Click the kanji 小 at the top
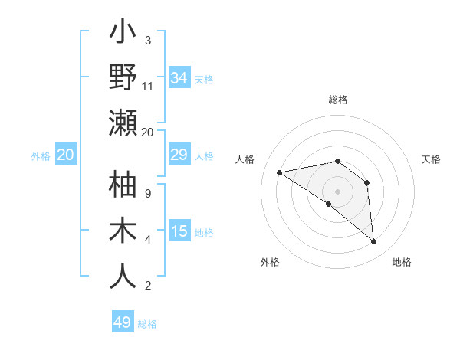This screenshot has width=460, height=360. [x=123, y=34]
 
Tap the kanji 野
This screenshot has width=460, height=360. [x=123, y=77]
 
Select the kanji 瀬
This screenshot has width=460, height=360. [x=123, y=123]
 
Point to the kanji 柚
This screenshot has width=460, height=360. [x=123, y=186]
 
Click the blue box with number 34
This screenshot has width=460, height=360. [x=179, y=78]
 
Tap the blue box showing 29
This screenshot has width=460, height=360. [x=179, y=155]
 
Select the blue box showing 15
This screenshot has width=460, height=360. [x=179, y=231]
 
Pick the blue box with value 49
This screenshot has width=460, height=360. [x=123, y=322]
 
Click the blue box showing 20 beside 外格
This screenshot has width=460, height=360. [x=65, y=155]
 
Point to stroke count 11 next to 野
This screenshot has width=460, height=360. [x=148, y=87]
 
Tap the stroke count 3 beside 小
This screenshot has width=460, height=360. [x=148, y=41]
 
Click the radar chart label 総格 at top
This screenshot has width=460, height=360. [x=337, y=100]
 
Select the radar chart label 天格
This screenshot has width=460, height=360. [x=432, y=159]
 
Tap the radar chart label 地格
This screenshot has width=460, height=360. [x=402, y=262]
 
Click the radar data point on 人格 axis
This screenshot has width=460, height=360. [x=280, y=172]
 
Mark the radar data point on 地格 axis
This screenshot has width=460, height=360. [x=374, y=241]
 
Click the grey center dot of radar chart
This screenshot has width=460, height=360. [x=337, y=191]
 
